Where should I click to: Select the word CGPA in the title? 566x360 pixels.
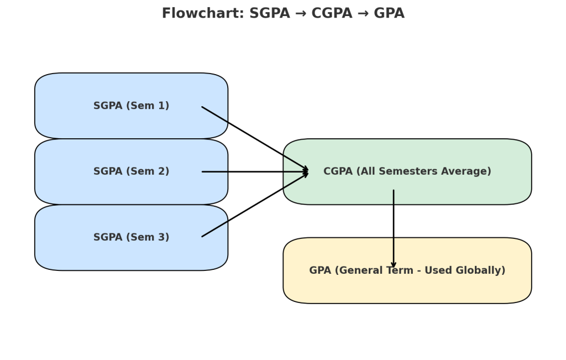coord(332,14)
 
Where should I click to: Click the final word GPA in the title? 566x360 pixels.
coord(390,14)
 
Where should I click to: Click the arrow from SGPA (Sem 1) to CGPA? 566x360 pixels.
coord(254,138)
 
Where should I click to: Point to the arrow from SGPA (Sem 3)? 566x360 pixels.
coord(254,205)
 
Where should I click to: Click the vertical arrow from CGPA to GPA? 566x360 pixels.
coord(394,221)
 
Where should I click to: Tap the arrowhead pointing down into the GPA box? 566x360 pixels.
coord(394,265)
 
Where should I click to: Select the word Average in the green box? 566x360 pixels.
coord(465,171)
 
